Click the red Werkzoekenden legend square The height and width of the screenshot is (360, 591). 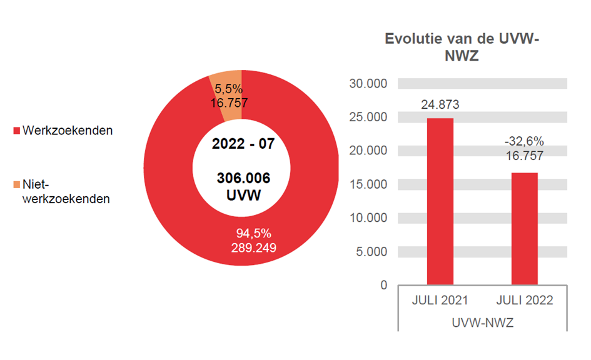[17, 131]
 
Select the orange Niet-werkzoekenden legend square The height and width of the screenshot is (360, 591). [17, 185]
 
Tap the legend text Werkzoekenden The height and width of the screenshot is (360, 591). [68, 131]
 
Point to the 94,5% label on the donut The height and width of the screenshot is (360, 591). [253, 233]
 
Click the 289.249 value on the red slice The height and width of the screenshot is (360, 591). [253, 247]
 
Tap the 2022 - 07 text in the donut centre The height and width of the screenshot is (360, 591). [243, 143]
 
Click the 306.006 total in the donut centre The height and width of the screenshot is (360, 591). [243, 179]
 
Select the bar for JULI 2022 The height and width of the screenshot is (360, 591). [525, 229]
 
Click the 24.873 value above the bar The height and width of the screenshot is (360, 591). [440, 105]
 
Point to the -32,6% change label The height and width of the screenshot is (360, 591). [525, 142]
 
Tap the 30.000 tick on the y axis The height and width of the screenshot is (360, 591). [370, 83]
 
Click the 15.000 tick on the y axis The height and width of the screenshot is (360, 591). [370, 184]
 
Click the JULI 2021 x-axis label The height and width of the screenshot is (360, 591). [440, 301]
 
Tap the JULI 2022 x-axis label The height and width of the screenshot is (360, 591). [525, 301]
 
